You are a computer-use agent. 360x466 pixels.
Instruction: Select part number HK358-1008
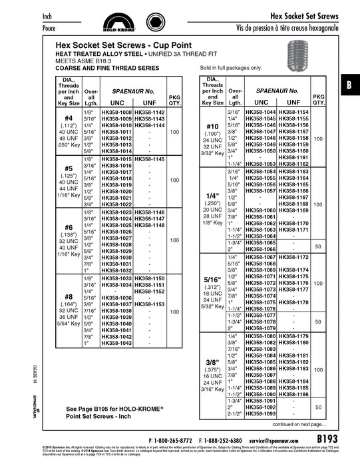tap(116, 114)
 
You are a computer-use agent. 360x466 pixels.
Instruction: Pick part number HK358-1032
tap(116, 271)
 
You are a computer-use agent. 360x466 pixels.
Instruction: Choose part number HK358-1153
tap(149, 304)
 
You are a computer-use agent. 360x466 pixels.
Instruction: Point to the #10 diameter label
tap(212, 126)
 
